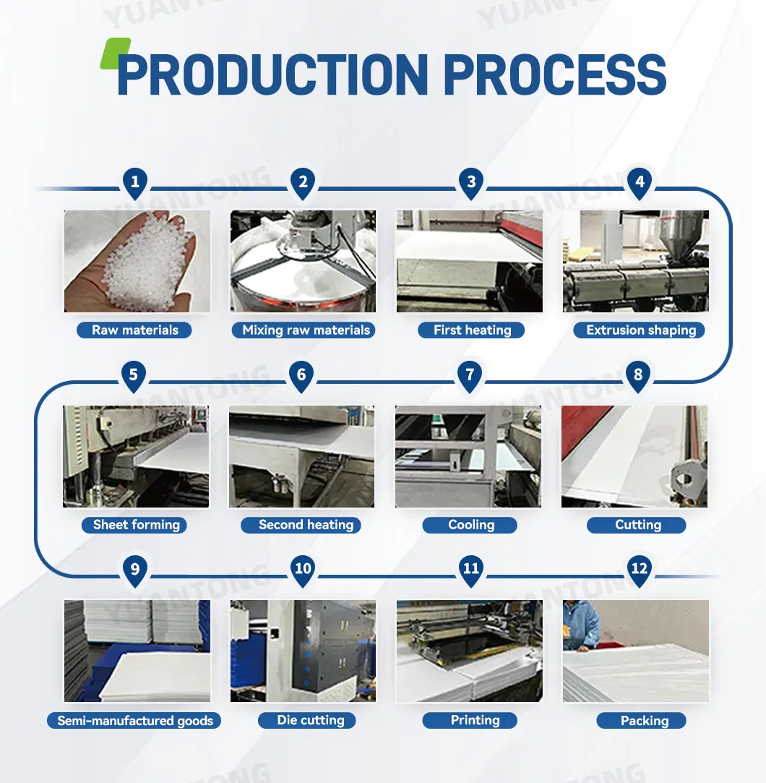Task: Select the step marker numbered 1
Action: point(135,183)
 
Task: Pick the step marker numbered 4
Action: point(640,183)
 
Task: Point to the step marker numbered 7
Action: point(470,375)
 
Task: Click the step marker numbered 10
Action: point(303,570)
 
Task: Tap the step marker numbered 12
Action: point(640,570)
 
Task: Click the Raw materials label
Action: point(134,330)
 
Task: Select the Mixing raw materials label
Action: point(304,330)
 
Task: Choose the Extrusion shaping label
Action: point(640,330)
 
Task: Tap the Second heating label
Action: point(301,525)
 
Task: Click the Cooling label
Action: point(470,525)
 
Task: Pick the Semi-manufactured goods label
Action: point(134,721)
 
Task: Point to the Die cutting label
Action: point(307,720)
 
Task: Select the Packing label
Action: point(642,721)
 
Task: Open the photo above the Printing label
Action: point(470,651)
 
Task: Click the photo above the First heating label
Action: point(470,261)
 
